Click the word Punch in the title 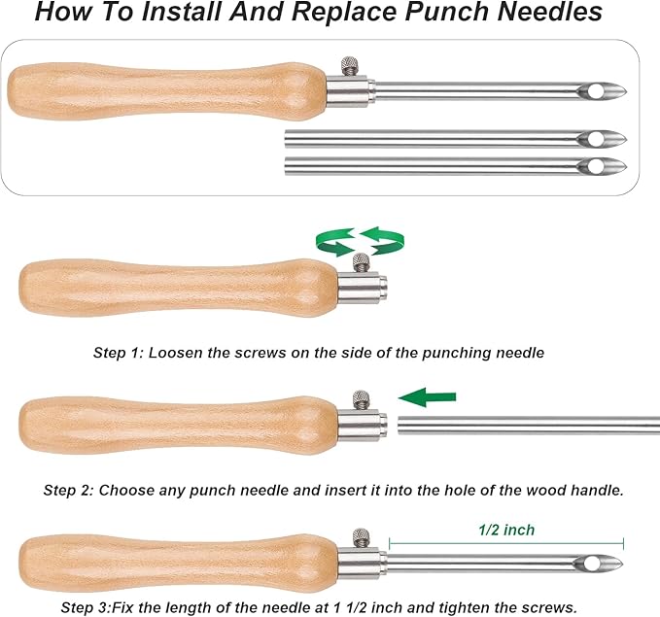[x=448, y=12]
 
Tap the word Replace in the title [x=344, y=13]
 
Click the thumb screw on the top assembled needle [x=350, y=66]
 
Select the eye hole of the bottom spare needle [x=596, y=165]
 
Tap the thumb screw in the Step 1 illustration [x=362, y=262]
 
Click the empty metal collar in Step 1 [x=363, y=288]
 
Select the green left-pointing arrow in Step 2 [x=427, y=397]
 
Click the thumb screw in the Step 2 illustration [x=362, y=399]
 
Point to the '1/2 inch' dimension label [x=506, y=530]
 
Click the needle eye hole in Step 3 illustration [x=592, y=564]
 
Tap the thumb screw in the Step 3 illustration [x=362, y=538]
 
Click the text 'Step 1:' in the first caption [x=119, y=353]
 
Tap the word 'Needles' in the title [x=550, y=12]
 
